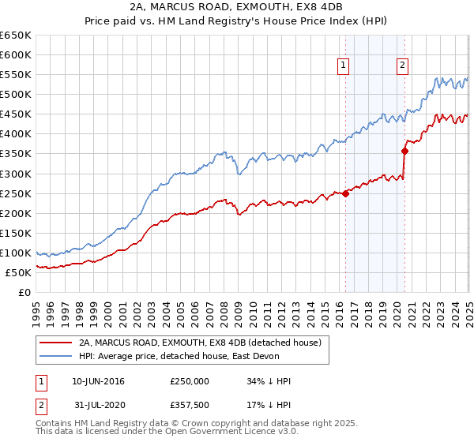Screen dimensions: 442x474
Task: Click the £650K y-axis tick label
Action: click(16, 36)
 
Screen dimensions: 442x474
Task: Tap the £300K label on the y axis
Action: click(16, 174)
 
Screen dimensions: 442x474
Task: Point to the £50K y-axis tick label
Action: click(19, 272)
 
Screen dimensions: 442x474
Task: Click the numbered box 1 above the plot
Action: click(345, 66)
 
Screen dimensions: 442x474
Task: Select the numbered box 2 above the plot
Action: click(403, 66)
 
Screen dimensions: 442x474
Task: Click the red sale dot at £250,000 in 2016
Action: click(346, 193)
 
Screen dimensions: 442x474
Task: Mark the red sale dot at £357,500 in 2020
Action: click(404, 151)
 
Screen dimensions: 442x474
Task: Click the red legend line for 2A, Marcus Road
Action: click(55, 343)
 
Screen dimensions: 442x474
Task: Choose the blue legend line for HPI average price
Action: click(55, 357)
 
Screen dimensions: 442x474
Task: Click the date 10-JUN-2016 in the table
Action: click(98, 381)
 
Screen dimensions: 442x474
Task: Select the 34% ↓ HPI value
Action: click(269, 381)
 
